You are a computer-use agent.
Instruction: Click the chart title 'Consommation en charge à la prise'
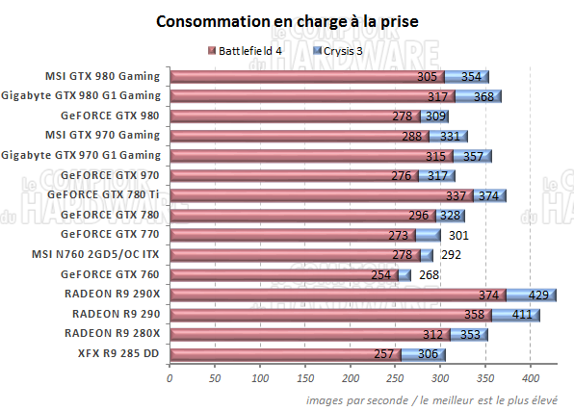(287, 21)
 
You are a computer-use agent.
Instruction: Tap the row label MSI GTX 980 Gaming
(102, 76)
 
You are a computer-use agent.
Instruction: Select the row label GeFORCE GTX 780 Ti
(104, 194)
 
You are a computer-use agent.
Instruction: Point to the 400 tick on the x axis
(532, 378)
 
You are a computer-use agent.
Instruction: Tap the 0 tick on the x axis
(170, 378)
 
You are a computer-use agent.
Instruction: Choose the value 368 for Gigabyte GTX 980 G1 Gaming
(483, 96)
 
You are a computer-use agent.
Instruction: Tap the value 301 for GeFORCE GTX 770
(458, 235)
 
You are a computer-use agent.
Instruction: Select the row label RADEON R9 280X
(114, 333)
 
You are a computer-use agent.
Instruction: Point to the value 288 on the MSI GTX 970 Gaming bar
(413, 136)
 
